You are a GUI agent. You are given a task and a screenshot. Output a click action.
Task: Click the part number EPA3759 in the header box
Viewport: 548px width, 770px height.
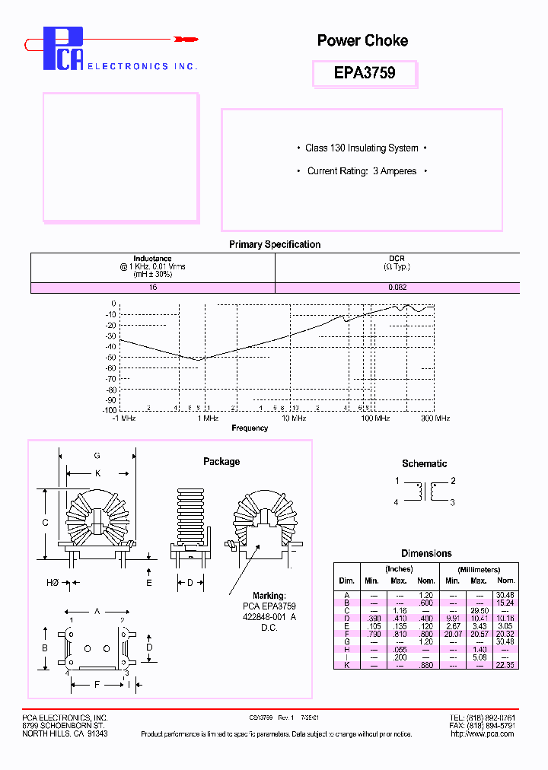[x=365, y=73]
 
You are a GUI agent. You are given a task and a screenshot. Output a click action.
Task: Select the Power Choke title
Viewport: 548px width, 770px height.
[x=362, y=41]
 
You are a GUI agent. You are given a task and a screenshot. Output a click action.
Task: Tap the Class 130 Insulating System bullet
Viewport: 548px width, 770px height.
[x=362, y=148]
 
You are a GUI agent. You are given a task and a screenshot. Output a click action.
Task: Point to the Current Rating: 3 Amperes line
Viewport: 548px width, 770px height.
[x=362, y=171]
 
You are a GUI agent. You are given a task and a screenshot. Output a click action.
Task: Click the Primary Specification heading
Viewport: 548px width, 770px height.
[x=275, y=244]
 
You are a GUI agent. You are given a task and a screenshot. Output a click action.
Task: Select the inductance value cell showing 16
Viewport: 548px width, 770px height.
[x=152, y=288]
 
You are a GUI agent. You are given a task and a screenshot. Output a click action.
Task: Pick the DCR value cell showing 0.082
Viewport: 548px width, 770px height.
[x=397, y=288]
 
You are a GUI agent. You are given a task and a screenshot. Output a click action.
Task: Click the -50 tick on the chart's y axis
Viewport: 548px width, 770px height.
[x=111, y=357]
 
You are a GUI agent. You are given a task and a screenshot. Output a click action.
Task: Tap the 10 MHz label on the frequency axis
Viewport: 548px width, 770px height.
[x=294, y=418]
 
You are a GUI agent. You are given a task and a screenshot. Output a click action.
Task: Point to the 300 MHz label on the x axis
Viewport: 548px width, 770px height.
[x=435, y=418]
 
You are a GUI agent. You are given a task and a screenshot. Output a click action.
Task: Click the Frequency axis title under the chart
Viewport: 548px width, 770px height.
[x=250, y=428]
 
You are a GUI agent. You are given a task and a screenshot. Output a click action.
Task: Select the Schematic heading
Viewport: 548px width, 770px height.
[x=425, y=463]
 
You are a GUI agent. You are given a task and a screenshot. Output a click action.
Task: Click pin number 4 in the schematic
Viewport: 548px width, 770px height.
[x=397, y=502]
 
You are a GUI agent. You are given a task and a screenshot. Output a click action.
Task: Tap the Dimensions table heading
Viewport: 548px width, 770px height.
[x=426, y=553]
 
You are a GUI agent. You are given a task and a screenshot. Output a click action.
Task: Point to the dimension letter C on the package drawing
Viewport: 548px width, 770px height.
[x=46, y=523]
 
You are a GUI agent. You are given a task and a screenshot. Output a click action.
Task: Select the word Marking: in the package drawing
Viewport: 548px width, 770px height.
[x=269, y=596]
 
